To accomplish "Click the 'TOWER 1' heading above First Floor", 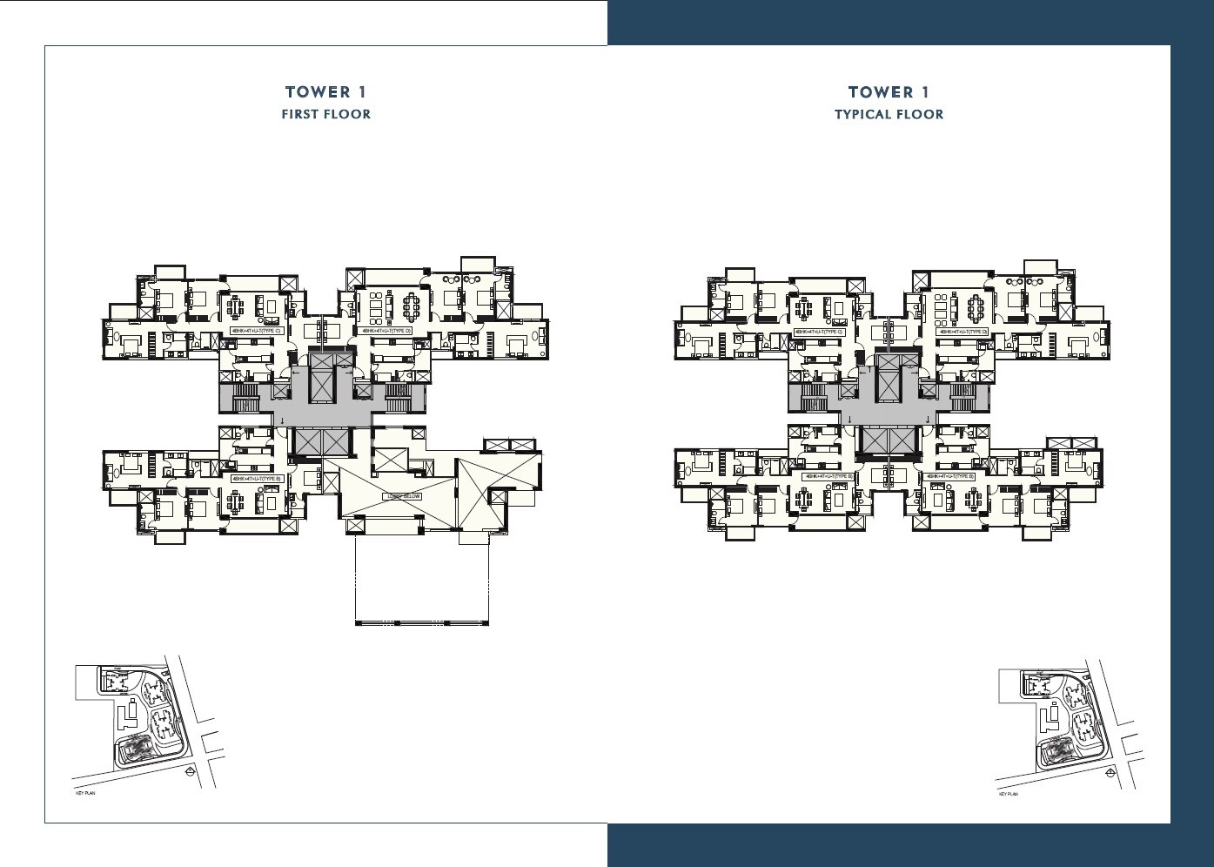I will tap(325, 92).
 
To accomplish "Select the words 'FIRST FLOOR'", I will tap(325, 114).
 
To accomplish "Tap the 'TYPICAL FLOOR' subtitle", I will tap(889, 114).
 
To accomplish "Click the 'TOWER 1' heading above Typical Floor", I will tap(889, 92).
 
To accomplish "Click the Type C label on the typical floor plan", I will tap(818, 332).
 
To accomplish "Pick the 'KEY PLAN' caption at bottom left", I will tap(85, 794).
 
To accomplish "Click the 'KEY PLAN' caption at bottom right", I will tap(1008, 794).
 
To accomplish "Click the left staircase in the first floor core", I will tap(246, 400).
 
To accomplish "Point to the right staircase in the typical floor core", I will tap(962, 400).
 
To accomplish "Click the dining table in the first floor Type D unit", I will tap(410, 306).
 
